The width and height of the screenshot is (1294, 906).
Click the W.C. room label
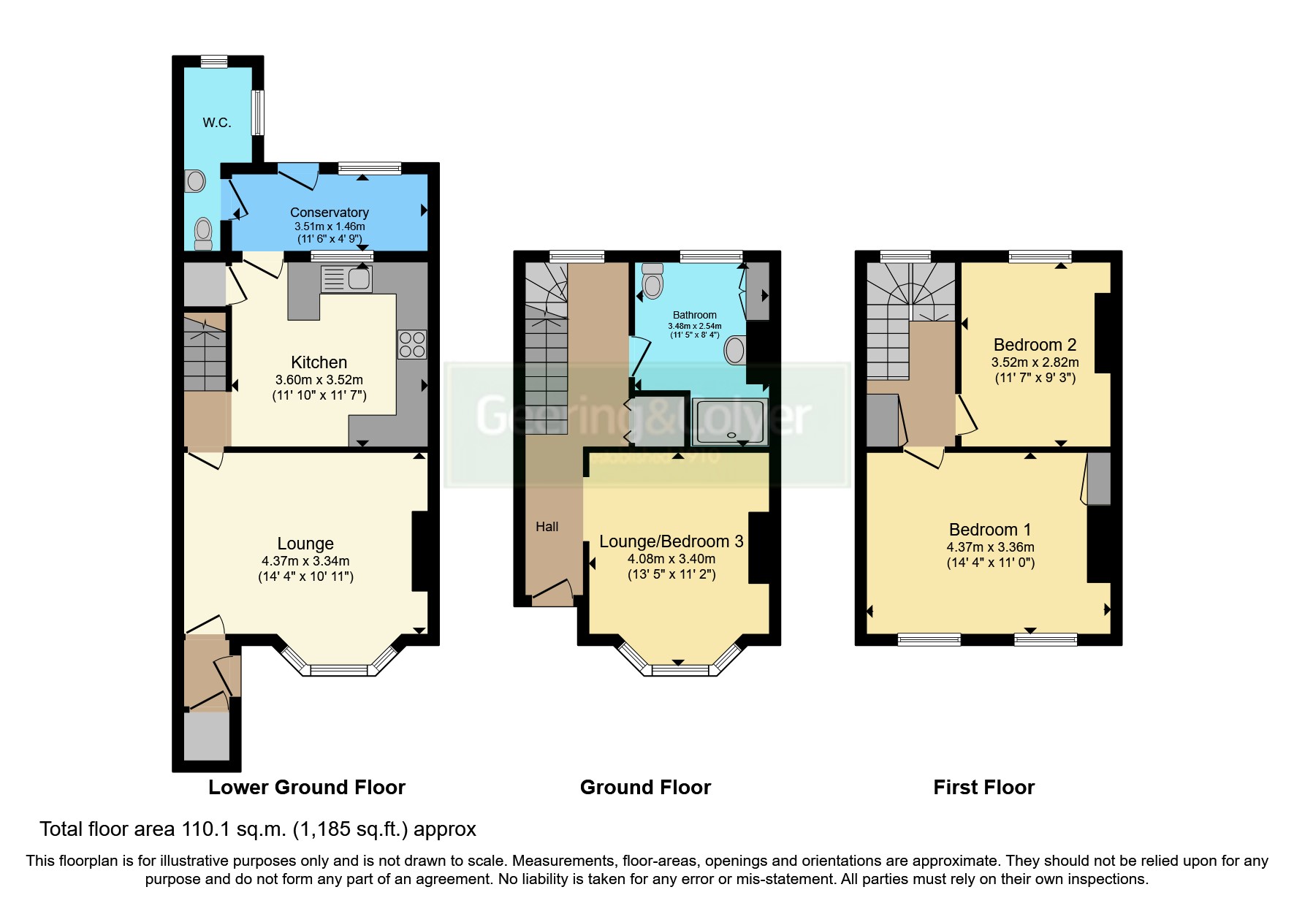click(217, 123)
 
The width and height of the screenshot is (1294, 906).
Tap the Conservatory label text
click(329, 213)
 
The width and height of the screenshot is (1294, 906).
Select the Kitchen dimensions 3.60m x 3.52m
click(319, 380)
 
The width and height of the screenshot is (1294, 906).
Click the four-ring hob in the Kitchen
click(412, 345)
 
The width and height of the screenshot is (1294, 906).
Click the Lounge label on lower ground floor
click(305, 544)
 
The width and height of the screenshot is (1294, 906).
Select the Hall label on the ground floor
click(547, 527)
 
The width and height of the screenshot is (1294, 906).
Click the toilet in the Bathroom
click(652, 283)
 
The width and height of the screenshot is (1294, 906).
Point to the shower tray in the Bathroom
click(730, 422)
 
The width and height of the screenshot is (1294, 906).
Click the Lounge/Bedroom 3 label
click(671, 541)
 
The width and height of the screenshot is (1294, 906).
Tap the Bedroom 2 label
click(1035, 345)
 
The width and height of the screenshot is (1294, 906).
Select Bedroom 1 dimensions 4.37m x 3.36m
click(990, 547)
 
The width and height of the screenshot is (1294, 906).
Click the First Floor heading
click(983, 788)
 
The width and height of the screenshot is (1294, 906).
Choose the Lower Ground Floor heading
click(306, 788)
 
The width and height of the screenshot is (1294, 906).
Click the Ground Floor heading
click(645, 788)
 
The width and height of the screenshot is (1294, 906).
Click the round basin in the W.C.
click(195, 180)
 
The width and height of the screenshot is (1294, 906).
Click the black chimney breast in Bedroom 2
click(1103, 332)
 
